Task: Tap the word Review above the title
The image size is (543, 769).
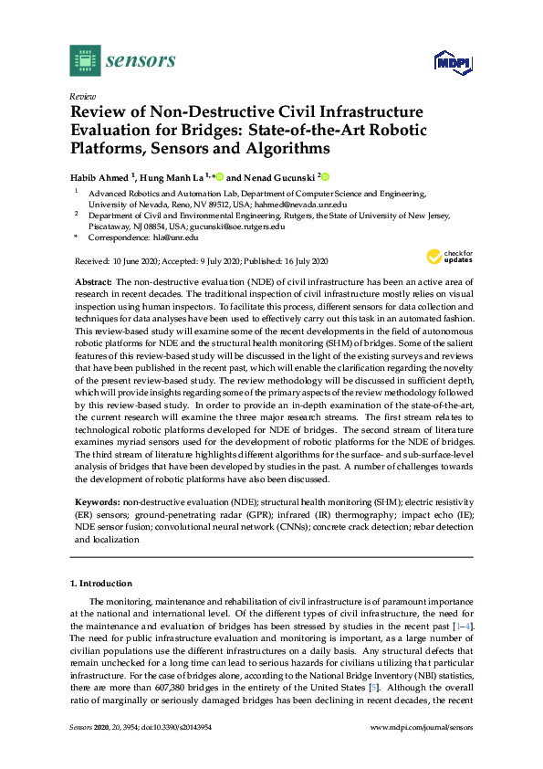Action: click(83, 96)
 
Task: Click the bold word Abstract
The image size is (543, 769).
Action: click(94, 284)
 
